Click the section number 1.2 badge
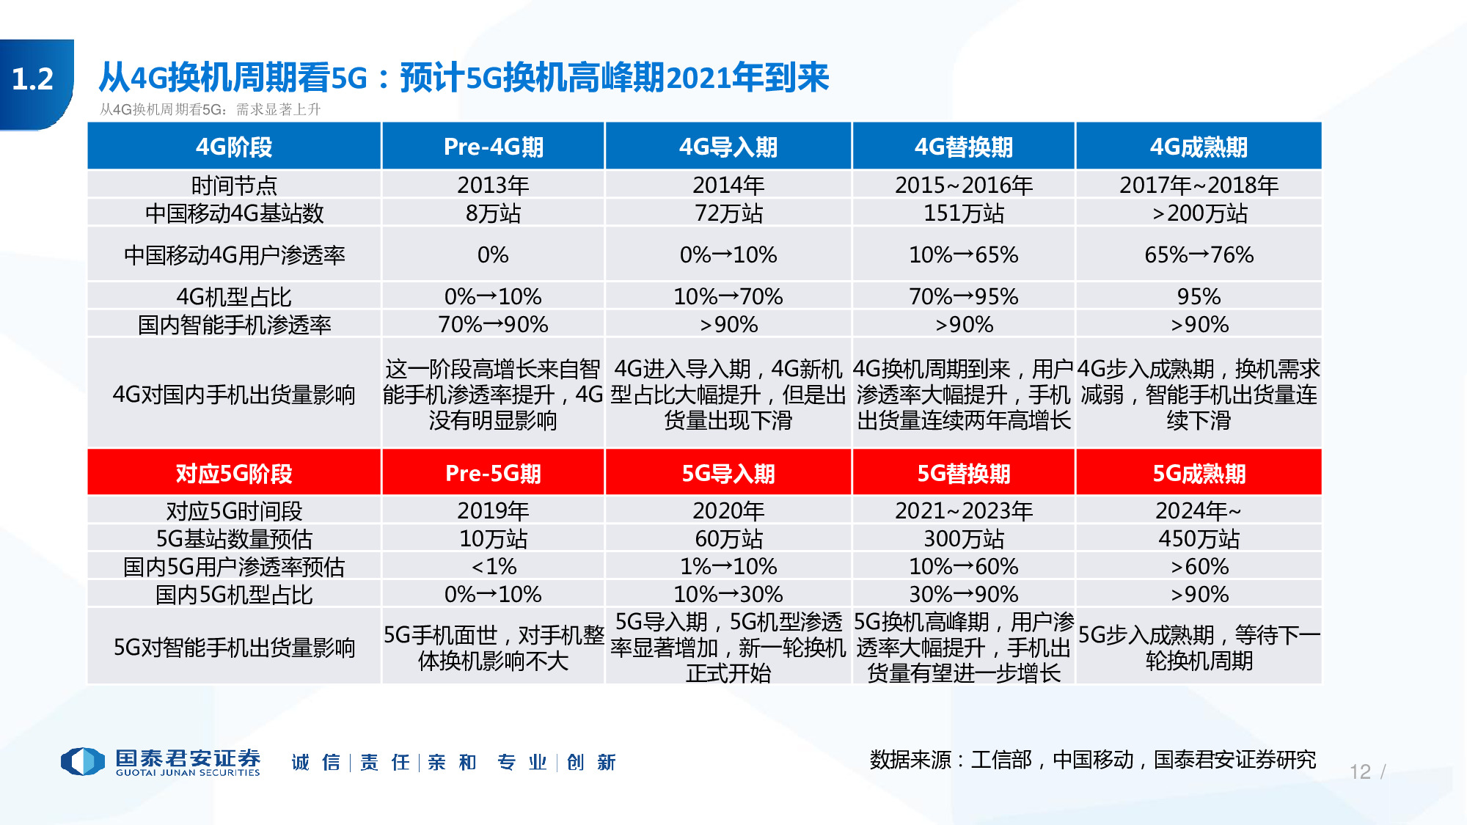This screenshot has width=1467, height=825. [33, 79]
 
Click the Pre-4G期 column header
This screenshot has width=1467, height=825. [493, 147]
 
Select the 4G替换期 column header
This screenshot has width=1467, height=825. [963, 147]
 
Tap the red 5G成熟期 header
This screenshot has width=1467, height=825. [1199, 473]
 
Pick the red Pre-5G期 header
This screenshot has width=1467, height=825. [493, 473]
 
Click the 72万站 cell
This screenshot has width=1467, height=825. [728, 213]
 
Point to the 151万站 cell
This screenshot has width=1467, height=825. [963, 213]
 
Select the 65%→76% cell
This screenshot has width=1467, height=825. [1199, 254]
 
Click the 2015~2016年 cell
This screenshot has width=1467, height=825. [963, 185]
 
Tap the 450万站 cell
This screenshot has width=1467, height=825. [1199, 539]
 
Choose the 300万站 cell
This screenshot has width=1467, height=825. [963, 539]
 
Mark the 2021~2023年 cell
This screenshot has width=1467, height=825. [963, 510]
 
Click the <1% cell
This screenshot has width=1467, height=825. [493, 567]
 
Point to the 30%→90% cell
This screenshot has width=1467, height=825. [963, 594]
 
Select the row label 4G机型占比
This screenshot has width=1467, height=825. [234, 297]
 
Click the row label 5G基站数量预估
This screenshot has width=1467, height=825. [234, 539]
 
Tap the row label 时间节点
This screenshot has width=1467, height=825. [234, 185]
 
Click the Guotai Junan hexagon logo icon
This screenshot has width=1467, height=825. [82, 761]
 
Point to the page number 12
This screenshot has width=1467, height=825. [1360, 771]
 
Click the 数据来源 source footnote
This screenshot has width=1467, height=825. [1092, 760]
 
